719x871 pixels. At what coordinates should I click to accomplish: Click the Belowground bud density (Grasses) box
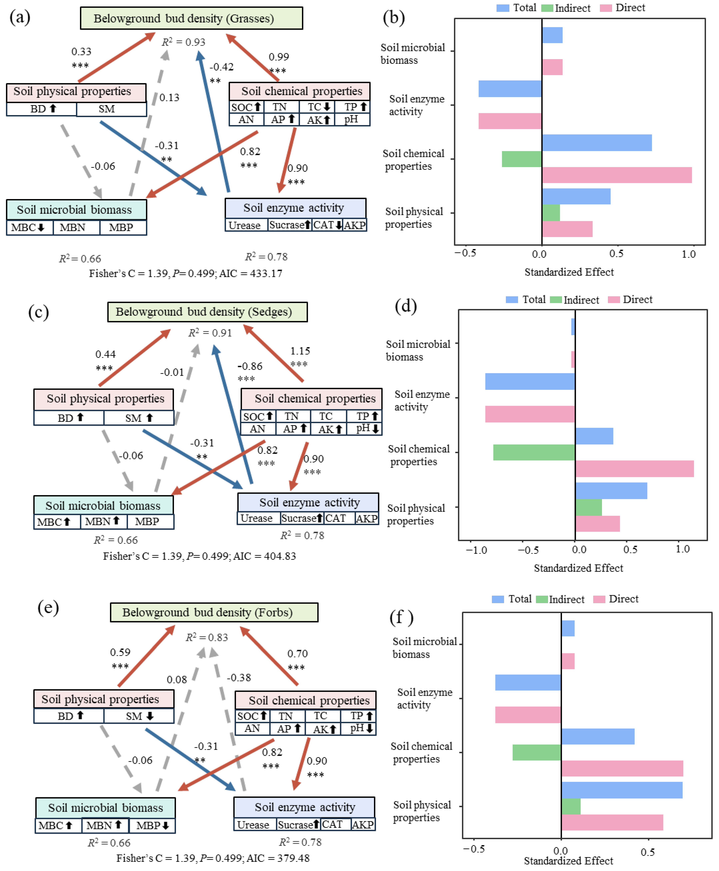coord(191,18)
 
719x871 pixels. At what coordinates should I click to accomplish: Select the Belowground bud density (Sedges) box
coord(207,312)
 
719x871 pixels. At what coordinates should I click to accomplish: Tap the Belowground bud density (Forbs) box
coord(214,612)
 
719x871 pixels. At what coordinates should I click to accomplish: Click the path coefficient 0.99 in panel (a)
coord(279,57)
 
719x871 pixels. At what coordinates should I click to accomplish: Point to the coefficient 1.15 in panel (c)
coord(300,351)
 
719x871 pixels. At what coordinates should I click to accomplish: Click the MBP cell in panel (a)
coord(121,227)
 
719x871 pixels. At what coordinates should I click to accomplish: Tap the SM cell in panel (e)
coord(139,716)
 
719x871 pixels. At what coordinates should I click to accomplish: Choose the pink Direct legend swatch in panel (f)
coord(599,599)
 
